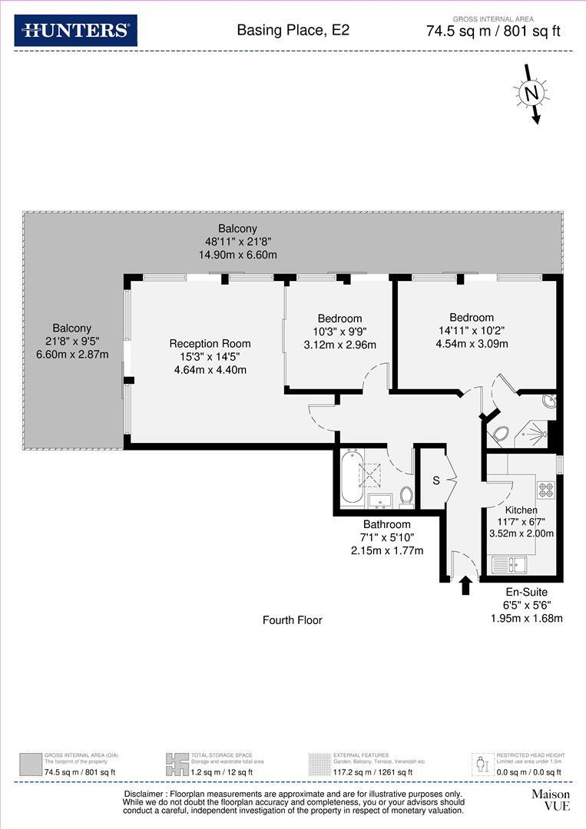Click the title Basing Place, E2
coord(293,31)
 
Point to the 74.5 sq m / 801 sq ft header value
coord(494,31)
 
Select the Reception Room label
coord(210,343)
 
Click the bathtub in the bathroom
coord(351,477)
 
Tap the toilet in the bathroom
coord(406,497)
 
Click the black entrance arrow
coord(465,586)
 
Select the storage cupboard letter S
coord(435,481)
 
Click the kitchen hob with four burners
coord(545,488)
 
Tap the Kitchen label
coord(521,510)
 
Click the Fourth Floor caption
coord(292,619)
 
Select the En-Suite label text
coord(526,592)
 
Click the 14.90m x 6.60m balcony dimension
coord(237,255)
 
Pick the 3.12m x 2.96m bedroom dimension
coord(339,345)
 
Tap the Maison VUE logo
coord(551,800)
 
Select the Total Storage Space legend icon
coord(177,764)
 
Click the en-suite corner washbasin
coord(548,401)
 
